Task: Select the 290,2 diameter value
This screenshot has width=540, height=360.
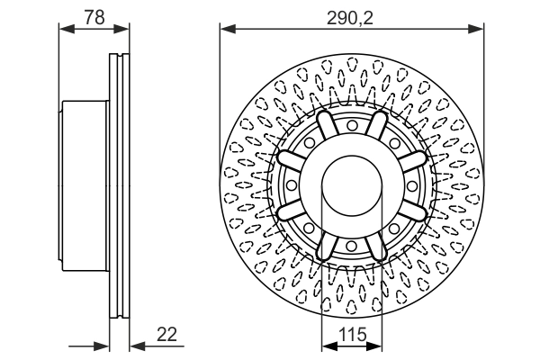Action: pos(353,15)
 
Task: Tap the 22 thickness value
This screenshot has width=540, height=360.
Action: pos(166,334)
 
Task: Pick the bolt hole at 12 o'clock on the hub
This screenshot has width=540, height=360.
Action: pos(352,126)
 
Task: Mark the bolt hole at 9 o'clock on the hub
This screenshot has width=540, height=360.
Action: pos(292,186)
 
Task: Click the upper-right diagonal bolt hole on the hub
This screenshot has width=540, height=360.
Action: pos(394,143)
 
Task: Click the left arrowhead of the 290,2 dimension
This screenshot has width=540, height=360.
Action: pos(226,29)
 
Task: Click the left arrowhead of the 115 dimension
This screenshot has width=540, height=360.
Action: pos(327,346)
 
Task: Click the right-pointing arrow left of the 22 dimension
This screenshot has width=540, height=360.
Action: pos(103,346)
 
